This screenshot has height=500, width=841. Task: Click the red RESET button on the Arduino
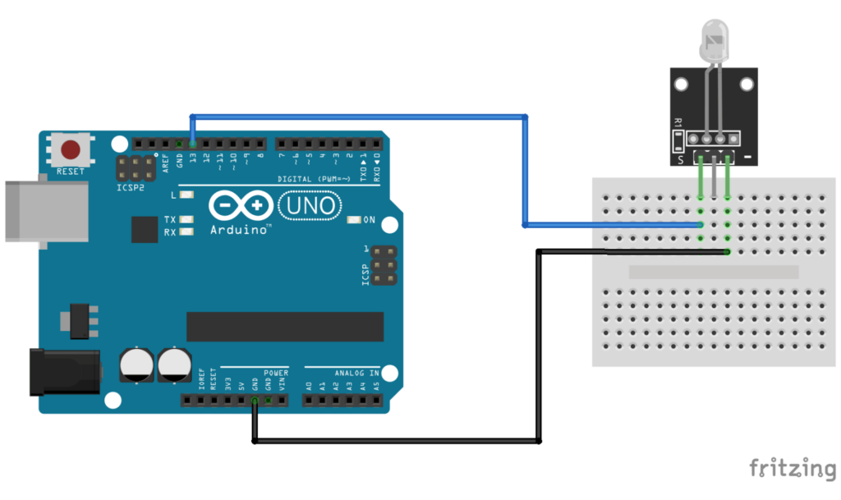click(71, 150)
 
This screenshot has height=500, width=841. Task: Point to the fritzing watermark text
click(791, 469)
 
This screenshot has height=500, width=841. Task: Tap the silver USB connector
click(45, 211)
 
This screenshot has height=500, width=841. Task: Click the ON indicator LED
click(355, 220)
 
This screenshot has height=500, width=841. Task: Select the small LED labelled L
click(186, 195)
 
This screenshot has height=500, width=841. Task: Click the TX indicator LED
click(186, 220)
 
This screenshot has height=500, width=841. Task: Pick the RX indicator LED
click(186, 232)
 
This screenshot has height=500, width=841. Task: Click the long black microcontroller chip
click(284, 326)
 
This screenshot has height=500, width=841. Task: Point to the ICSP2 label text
click(131, 187)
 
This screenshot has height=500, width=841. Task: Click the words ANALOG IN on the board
click(356, 373)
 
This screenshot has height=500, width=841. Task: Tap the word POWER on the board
click(276, 373)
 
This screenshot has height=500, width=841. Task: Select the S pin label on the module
click(680, 159)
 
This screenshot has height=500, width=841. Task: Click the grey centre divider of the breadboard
click(713, 272)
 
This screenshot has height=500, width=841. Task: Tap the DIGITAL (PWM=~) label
click(315, 178)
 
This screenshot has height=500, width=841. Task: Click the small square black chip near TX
click(144, 229)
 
